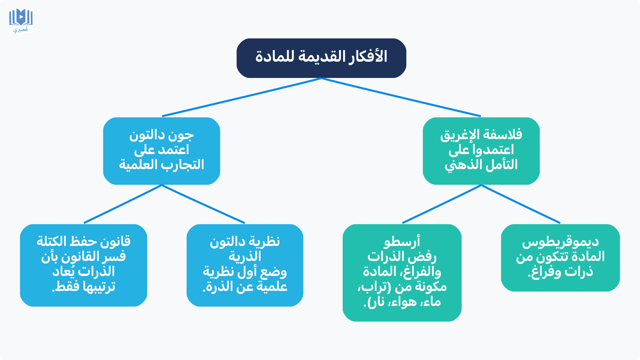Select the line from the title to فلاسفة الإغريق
(401, 97)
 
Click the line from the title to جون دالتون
(242, 97)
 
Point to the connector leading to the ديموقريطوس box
(520, 204)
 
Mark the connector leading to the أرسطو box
(442, 204)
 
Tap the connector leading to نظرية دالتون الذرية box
(203, 204)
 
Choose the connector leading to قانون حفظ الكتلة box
(122, 204)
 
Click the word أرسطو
(402, 242)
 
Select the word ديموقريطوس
(560, 242)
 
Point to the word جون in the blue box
(183, 135)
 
